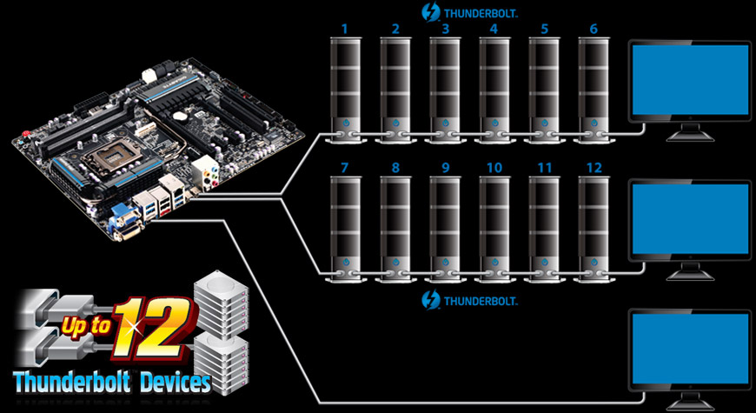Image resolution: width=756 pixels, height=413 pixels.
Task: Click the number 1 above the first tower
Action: click(345, 29)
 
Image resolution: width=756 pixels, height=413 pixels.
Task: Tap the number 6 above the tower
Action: click(594, 29)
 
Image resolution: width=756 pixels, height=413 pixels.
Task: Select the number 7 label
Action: click(345, 166)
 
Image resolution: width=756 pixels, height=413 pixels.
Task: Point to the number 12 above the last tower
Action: click(594, 166)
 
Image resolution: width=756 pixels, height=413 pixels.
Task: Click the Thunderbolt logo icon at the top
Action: click(429, 12)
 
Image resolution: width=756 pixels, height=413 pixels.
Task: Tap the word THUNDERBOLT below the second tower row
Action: click(481, 302)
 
